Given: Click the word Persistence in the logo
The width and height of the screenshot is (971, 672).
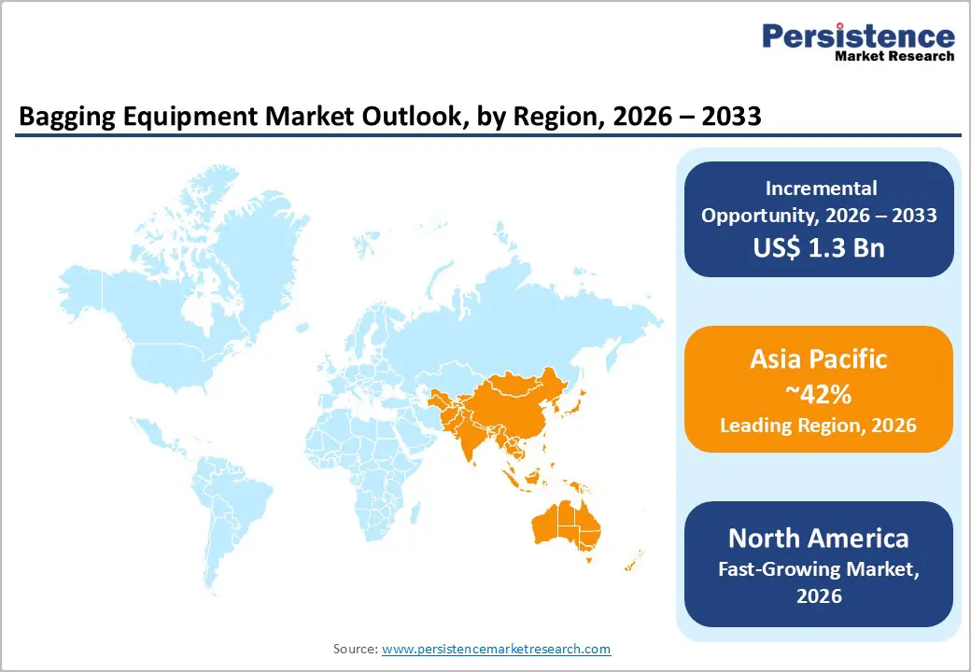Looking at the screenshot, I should pyautogui.click(x=858, y=36).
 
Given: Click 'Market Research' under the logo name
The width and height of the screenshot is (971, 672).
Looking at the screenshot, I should pyautogui.click(x=894, y=57).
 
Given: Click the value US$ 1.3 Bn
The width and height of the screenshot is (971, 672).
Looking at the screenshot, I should pyautogui.click(x=819, y=248).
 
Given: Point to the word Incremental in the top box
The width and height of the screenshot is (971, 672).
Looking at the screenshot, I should pyautogui.click(x=819, y=188).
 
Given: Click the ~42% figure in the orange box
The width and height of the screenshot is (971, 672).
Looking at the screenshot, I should pyautogui.click(x=819, y=394).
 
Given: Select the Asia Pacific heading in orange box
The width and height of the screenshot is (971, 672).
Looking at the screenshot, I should pyautogui.click(x=819, y=359).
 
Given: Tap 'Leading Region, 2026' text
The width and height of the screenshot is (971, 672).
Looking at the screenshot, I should pyautogui.click(x=819, y=426).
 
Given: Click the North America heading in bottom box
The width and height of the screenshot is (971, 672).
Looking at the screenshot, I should pyautogui.click(x=819, y=538).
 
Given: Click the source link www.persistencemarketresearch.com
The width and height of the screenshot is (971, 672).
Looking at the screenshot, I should pyautogui.click(x=496, y=648).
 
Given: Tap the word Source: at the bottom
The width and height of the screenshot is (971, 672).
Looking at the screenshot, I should pyautogui.click(x=356, y=648).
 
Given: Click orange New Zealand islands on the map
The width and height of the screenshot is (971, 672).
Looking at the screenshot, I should pyautogui.click(x=632, y=559).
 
